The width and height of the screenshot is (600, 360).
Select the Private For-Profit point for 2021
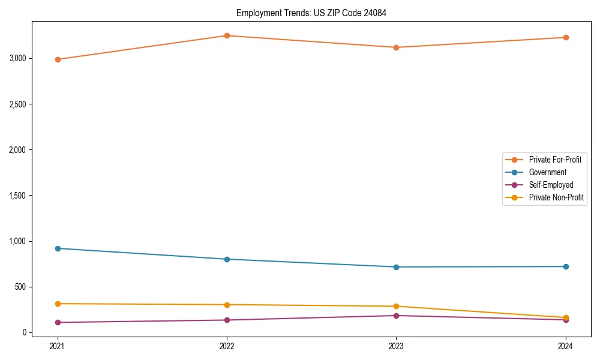point(58,59)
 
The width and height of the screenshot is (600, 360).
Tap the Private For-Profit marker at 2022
point(227,35)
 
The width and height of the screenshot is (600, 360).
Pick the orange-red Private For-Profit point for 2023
point(396,47)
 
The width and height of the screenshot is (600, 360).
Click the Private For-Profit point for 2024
point(565,37)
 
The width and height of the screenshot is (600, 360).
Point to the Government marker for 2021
point(58,248)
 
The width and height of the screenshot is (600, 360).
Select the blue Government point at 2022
point(227,259)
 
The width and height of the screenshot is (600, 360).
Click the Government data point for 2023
point(396,267)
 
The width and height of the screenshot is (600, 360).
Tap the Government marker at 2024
point(565,266)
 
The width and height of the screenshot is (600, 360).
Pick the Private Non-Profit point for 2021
point(58,304)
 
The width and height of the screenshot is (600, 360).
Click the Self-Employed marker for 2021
point(58,322)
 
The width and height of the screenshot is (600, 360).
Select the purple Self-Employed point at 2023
point(396,316)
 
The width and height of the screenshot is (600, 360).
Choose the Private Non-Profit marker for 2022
point(227,305)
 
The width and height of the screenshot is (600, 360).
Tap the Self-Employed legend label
point(551,185)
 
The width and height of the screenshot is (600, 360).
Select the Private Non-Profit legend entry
point(556,197)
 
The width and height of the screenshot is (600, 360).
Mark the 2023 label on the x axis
point(396,346)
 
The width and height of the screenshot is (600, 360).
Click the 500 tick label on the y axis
point(20,287)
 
